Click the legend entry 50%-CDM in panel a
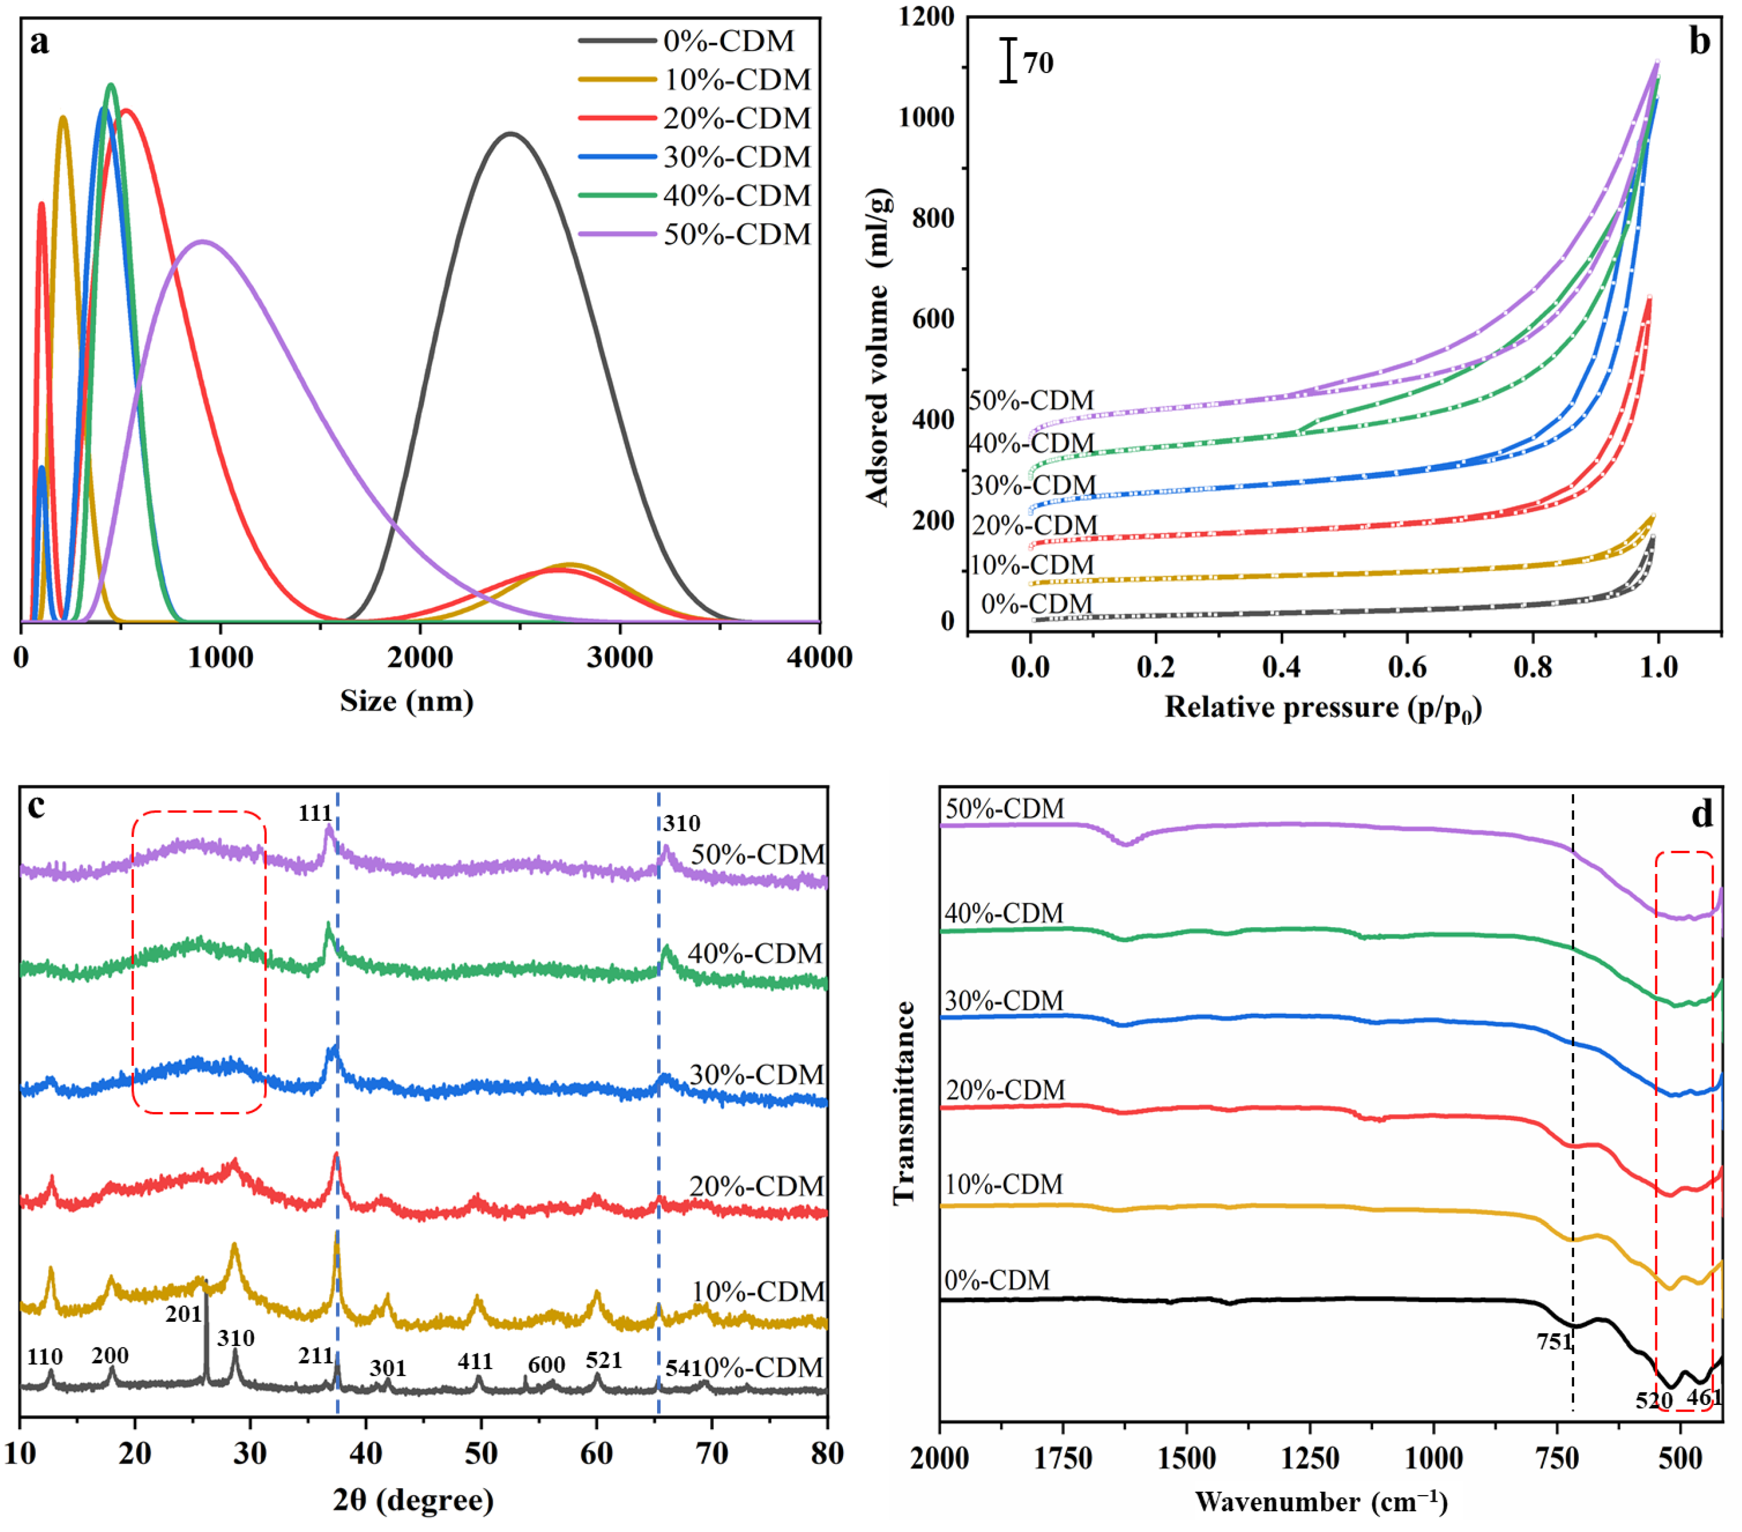point(736,234)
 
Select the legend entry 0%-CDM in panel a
point(728,41)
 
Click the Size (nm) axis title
point(407,702)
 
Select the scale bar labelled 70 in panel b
point(1009,60)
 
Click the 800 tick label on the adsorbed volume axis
point(932,218)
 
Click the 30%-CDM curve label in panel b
point(1033,485)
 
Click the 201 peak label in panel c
point(183,1314)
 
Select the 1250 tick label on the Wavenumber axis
point(1310,1459)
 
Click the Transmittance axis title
point(904,1102)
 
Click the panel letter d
point(1701,815)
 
